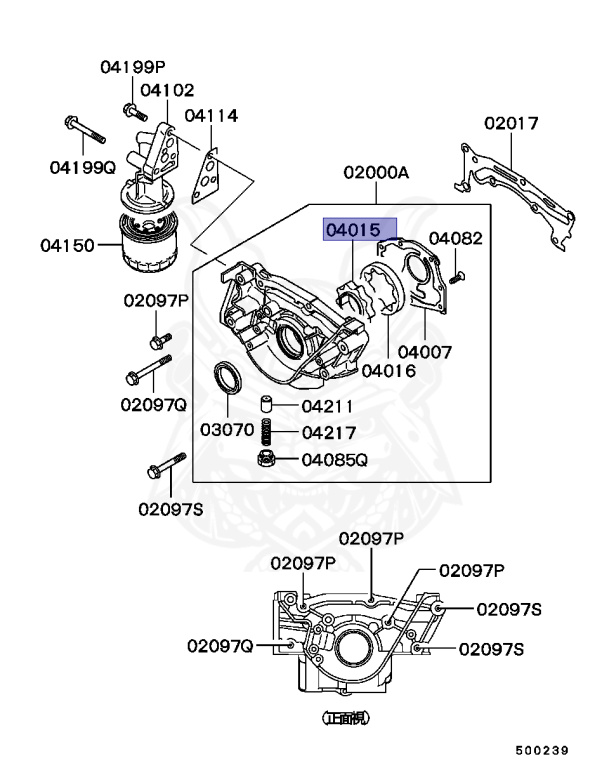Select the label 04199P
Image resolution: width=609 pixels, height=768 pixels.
pos(132,67)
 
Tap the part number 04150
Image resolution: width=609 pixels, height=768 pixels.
pos(68,245)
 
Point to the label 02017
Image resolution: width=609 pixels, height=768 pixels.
pos(511,124)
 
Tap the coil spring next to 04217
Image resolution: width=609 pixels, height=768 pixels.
pos(267,433)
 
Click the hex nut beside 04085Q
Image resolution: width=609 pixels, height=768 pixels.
pos(267,460)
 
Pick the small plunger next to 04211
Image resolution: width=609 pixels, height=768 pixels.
pos(267,406)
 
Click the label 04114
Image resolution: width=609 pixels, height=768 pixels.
pos(211,116)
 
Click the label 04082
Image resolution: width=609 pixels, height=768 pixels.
pos(456,238)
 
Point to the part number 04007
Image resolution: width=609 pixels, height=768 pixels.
pos(425,352)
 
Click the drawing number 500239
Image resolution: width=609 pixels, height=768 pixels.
pos(542,750)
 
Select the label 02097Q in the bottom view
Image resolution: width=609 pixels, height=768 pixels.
pos(219,646)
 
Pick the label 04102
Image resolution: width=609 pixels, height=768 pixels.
pos(167,90)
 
